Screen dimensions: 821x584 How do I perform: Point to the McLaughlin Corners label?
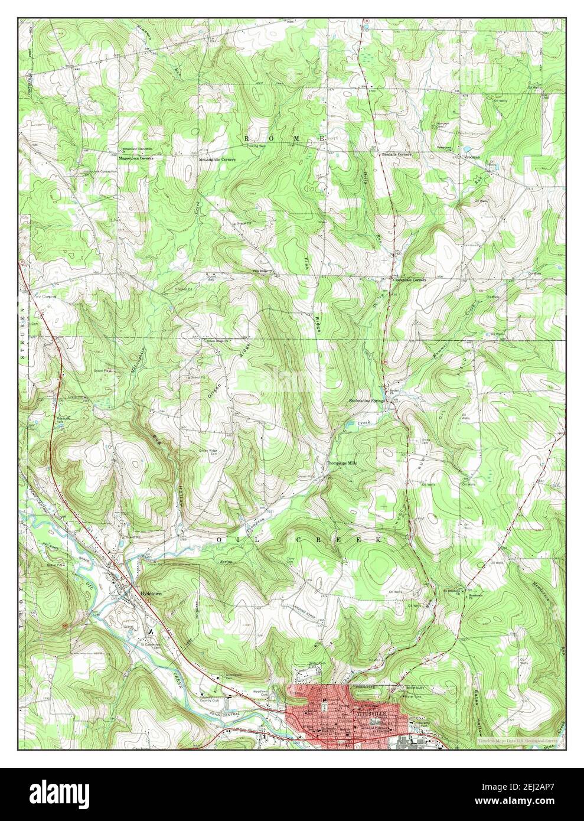click(x=217, y=159)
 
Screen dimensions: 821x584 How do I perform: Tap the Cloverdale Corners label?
click(x=410, y=280)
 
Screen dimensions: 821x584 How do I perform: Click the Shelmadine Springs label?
click(x=366, y=400)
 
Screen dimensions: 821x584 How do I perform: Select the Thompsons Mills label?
click(x=343, y=463)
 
